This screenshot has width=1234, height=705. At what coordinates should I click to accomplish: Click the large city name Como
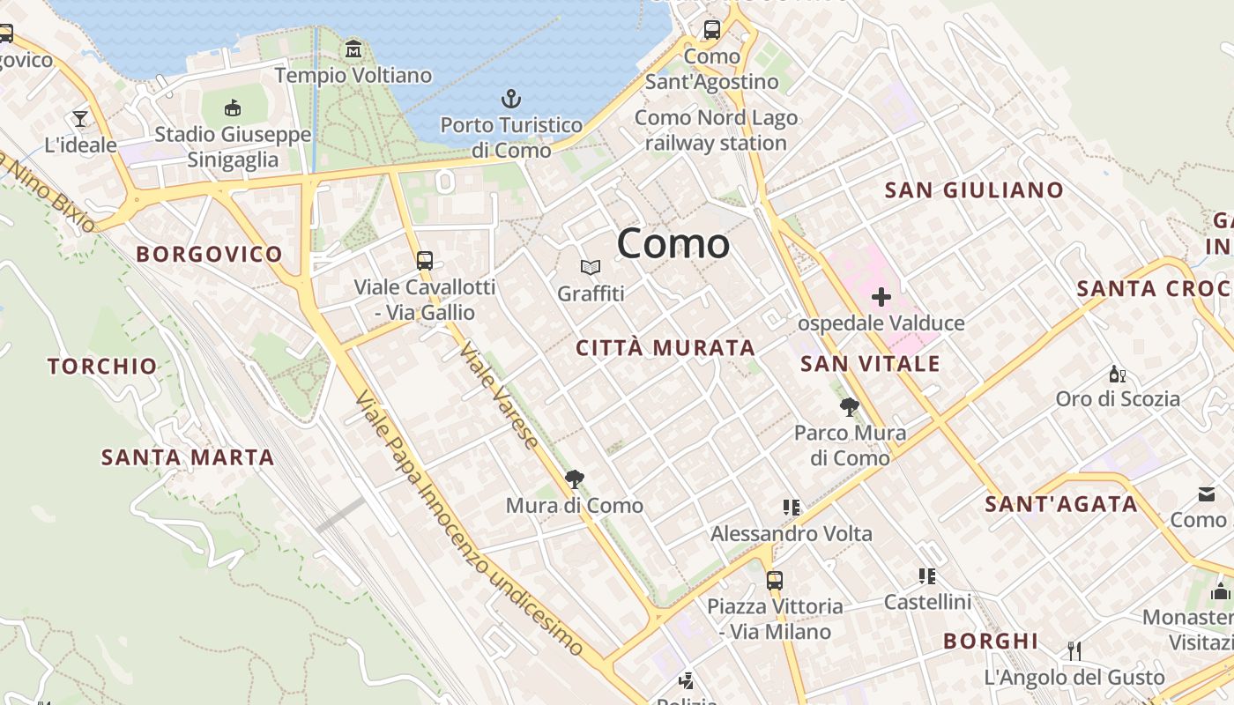673,243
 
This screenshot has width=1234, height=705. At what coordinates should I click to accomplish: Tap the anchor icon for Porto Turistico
510,99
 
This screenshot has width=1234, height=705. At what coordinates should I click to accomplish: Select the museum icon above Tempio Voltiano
353,49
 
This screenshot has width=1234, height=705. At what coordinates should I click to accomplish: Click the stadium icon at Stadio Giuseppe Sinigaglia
233,108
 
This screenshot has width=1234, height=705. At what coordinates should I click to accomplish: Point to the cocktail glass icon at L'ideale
80,118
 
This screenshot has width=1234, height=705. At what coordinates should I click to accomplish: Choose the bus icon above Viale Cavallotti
425,260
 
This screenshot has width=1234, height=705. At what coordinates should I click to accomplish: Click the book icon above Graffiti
591,267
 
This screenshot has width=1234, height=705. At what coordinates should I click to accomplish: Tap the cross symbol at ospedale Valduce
881,297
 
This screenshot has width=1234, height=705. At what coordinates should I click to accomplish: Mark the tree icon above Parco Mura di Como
850,407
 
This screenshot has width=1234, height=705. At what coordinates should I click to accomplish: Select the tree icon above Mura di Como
575,479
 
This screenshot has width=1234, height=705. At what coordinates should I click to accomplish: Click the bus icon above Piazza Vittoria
775,581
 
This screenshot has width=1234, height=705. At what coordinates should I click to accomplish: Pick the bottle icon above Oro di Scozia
1117,374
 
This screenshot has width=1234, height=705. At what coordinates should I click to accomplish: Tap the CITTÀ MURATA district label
665,348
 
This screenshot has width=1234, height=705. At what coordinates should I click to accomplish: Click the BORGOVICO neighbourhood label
209,255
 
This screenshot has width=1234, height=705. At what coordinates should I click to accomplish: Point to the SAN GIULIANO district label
974,190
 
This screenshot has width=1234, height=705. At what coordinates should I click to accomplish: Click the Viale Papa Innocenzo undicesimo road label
468,524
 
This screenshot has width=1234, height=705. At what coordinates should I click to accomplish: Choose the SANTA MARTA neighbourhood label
188,457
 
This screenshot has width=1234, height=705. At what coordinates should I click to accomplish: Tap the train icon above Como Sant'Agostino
711,30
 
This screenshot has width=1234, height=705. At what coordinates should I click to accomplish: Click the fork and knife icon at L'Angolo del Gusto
1074,651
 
